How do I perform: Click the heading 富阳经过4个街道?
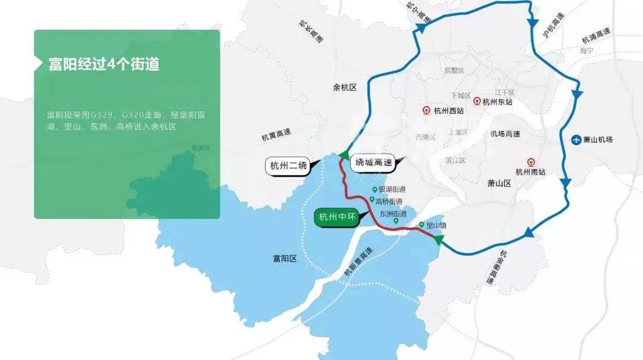104,64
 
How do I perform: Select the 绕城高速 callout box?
373,162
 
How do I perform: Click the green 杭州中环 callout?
337,217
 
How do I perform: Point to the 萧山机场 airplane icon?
576,140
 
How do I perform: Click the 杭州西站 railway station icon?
426,110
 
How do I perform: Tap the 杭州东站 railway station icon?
477,101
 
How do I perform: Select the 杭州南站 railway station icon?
530,161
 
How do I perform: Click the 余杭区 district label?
344,87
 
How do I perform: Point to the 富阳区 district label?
284,258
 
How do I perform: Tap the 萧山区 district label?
499,183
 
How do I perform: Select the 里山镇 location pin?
422,225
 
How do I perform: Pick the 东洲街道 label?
393,214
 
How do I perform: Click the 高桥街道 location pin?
372,200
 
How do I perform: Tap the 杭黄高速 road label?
277,136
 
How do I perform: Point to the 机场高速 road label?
505,134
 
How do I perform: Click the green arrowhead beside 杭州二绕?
344,155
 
